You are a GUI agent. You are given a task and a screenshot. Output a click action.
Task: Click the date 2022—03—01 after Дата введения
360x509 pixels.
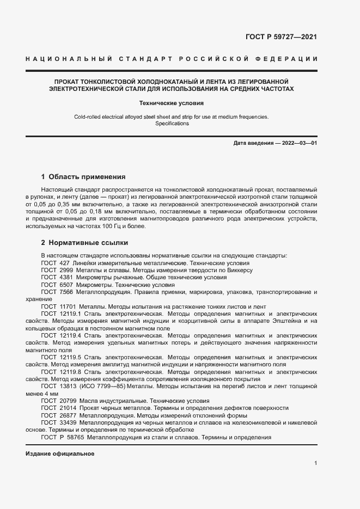pyautogui.click(x=298, y=143)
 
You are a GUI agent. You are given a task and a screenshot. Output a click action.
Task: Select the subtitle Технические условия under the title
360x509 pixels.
pyautogui.click(x=179, y=102)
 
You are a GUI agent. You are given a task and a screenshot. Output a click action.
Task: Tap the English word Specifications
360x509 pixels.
pyautogui.click(x=172, y=124)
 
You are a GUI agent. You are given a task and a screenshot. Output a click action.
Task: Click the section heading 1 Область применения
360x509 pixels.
pyautogui.click(x=83, y=177)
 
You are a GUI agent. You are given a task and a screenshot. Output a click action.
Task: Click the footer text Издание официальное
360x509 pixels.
pyautogui.click(x=60, y=453)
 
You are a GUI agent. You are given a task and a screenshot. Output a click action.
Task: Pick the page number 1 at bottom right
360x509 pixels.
pyautogui.click(x=316, y=463)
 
